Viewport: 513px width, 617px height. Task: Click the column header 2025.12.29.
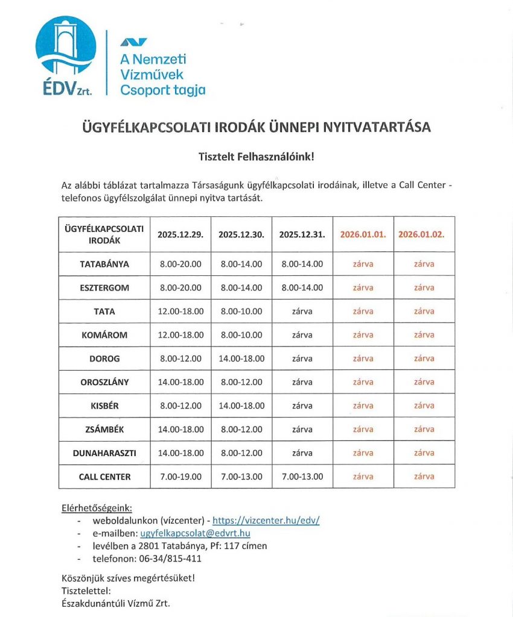coord(180,235)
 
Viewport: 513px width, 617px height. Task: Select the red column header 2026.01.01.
coord(363,235)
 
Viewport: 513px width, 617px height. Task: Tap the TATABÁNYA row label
coord(104,264)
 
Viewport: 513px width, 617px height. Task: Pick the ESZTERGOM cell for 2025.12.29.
coord(180,287)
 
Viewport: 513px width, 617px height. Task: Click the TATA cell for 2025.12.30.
coord(241,312)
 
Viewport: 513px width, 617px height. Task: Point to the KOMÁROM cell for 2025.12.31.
coord(302,335)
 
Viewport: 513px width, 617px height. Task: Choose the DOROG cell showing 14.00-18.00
coord(241,359)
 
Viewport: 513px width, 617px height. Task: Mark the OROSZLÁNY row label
coord(104,382)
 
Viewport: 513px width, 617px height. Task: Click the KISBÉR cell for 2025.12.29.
coord(180,406)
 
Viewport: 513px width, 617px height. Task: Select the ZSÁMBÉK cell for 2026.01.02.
coord(424,429)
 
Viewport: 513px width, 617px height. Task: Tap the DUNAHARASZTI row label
coord(104,453)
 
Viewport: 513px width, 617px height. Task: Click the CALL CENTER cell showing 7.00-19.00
coord(180,477)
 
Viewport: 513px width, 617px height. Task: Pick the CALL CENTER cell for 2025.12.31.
coord(302,477)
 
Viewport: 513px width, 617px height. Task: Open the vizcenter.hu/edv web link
coord(266,521)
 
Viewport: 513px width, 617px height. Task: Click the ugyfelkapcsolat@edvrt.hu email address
coord(195,533)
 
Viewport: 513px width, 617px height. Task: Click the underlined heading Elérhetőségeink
coord(97,507)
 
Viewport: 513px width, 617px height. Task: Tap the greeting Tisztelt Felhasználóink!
coord(256,157)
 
